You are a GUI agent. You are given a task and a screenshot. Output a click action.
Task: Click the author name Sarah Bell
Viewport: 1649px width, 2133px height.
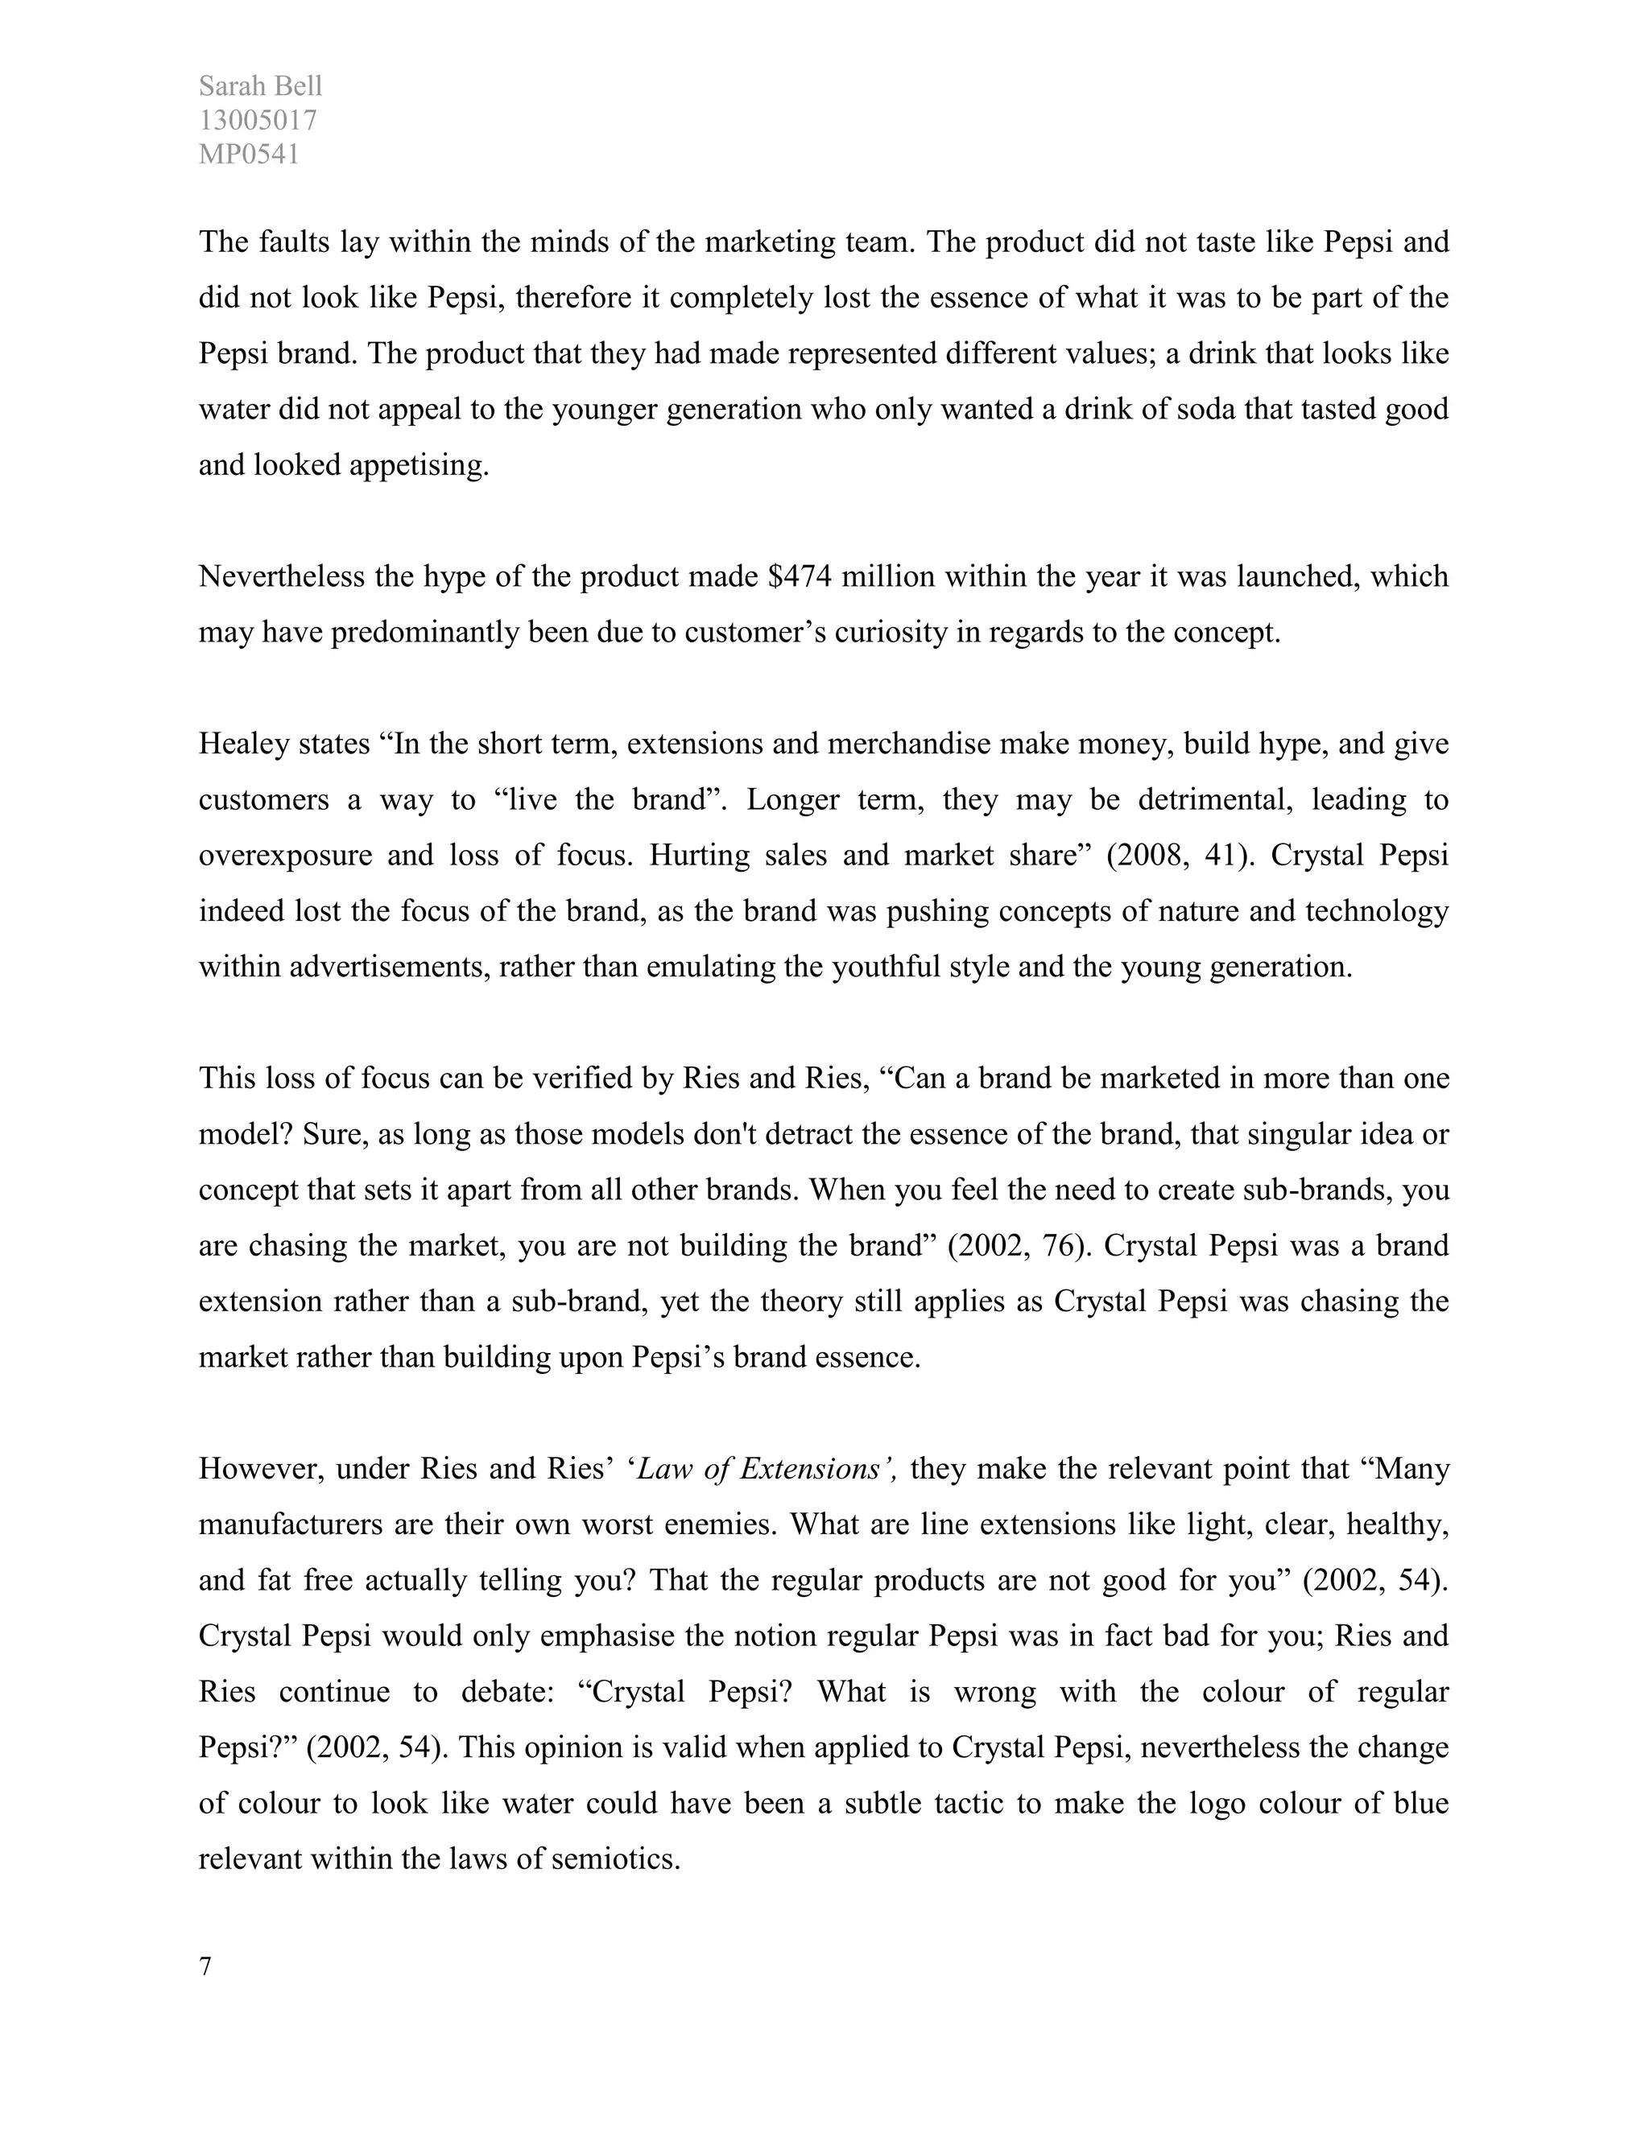tap(260, 86)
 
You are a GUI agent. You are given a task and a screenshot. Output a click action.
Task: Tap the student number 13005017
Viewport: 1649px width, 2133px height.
tap(258, 120)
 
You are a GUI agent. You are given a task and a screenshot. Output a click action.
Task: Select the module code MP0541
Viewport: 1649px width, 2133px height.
tap(249, 155)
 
